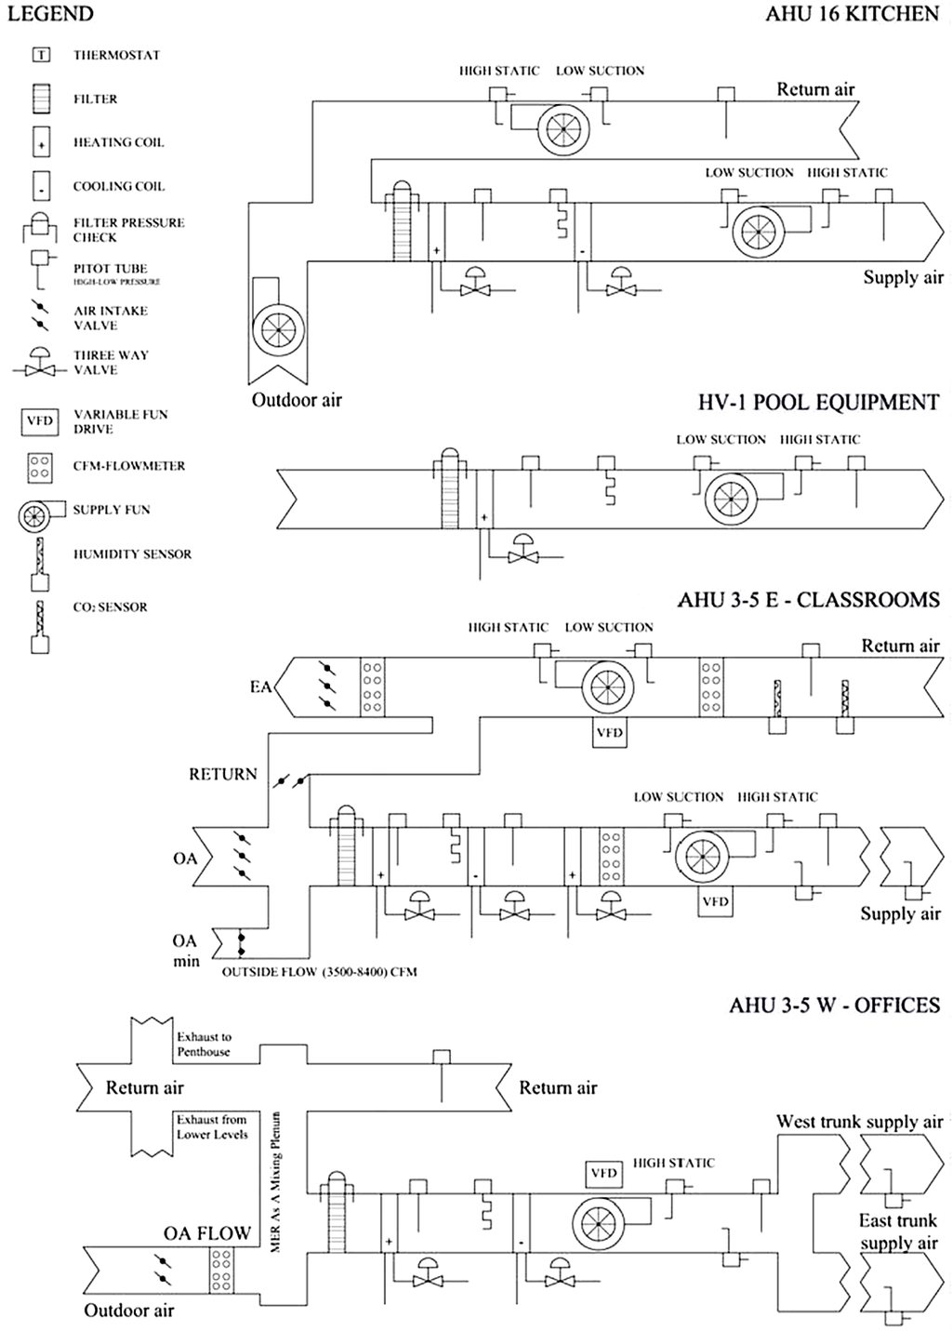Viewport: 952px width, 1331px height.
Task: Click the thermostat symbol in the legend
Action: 41,55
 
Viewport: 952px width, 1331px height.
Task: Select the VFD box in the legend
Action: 40,421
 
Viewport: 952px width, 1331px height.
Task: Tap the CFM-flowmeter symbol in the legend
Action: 40,466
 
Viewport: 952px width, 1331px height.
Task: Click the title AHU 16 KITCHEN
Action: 852,14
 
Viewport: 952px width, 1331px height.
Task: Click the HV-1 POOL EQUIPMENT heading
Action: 818,403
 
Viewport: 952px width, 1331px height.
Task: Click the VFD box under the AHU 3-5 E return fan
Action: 609,733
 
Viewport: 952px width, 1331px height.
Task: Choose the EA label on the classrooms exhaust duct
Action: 260,687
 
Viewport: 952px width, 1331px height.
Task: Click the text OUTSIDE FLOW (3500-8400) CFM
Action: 319,972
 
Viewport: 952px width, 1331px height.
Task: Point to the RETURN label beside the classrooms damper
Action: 223,774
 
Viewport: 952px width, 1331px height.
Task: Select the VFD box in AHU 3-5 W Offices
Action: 603,1173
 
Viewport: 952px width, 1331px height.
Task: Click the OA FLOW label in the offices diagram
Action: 207,1233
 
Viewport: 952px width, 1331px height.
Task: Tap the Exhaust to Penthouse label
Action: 204,1044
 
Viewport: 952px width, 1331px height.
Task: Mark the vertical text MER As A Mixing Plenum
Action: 276,1181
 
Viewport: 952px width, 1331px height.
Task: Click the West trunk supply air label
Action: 859,1122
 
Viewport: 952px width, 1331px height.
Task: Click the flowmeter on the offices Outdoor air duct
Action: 221,1271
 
